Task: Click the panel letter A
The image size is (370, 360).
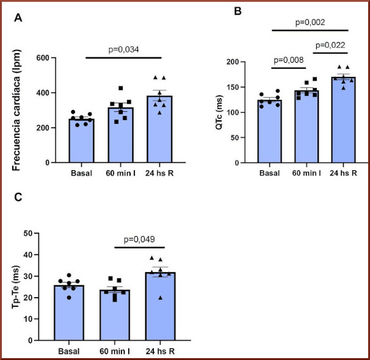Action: (19, 18)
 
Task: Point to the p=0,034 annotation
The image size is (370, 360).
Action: (123, 49)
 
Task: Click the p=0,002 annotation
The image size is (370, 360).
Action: (310, 23)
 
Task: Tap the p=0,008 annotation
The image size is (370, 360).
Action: (289, 60)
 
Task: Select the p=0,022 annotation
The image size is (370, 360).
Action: (330, 45)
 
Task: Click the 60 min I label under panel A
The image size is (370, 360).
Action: (120, 173)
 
